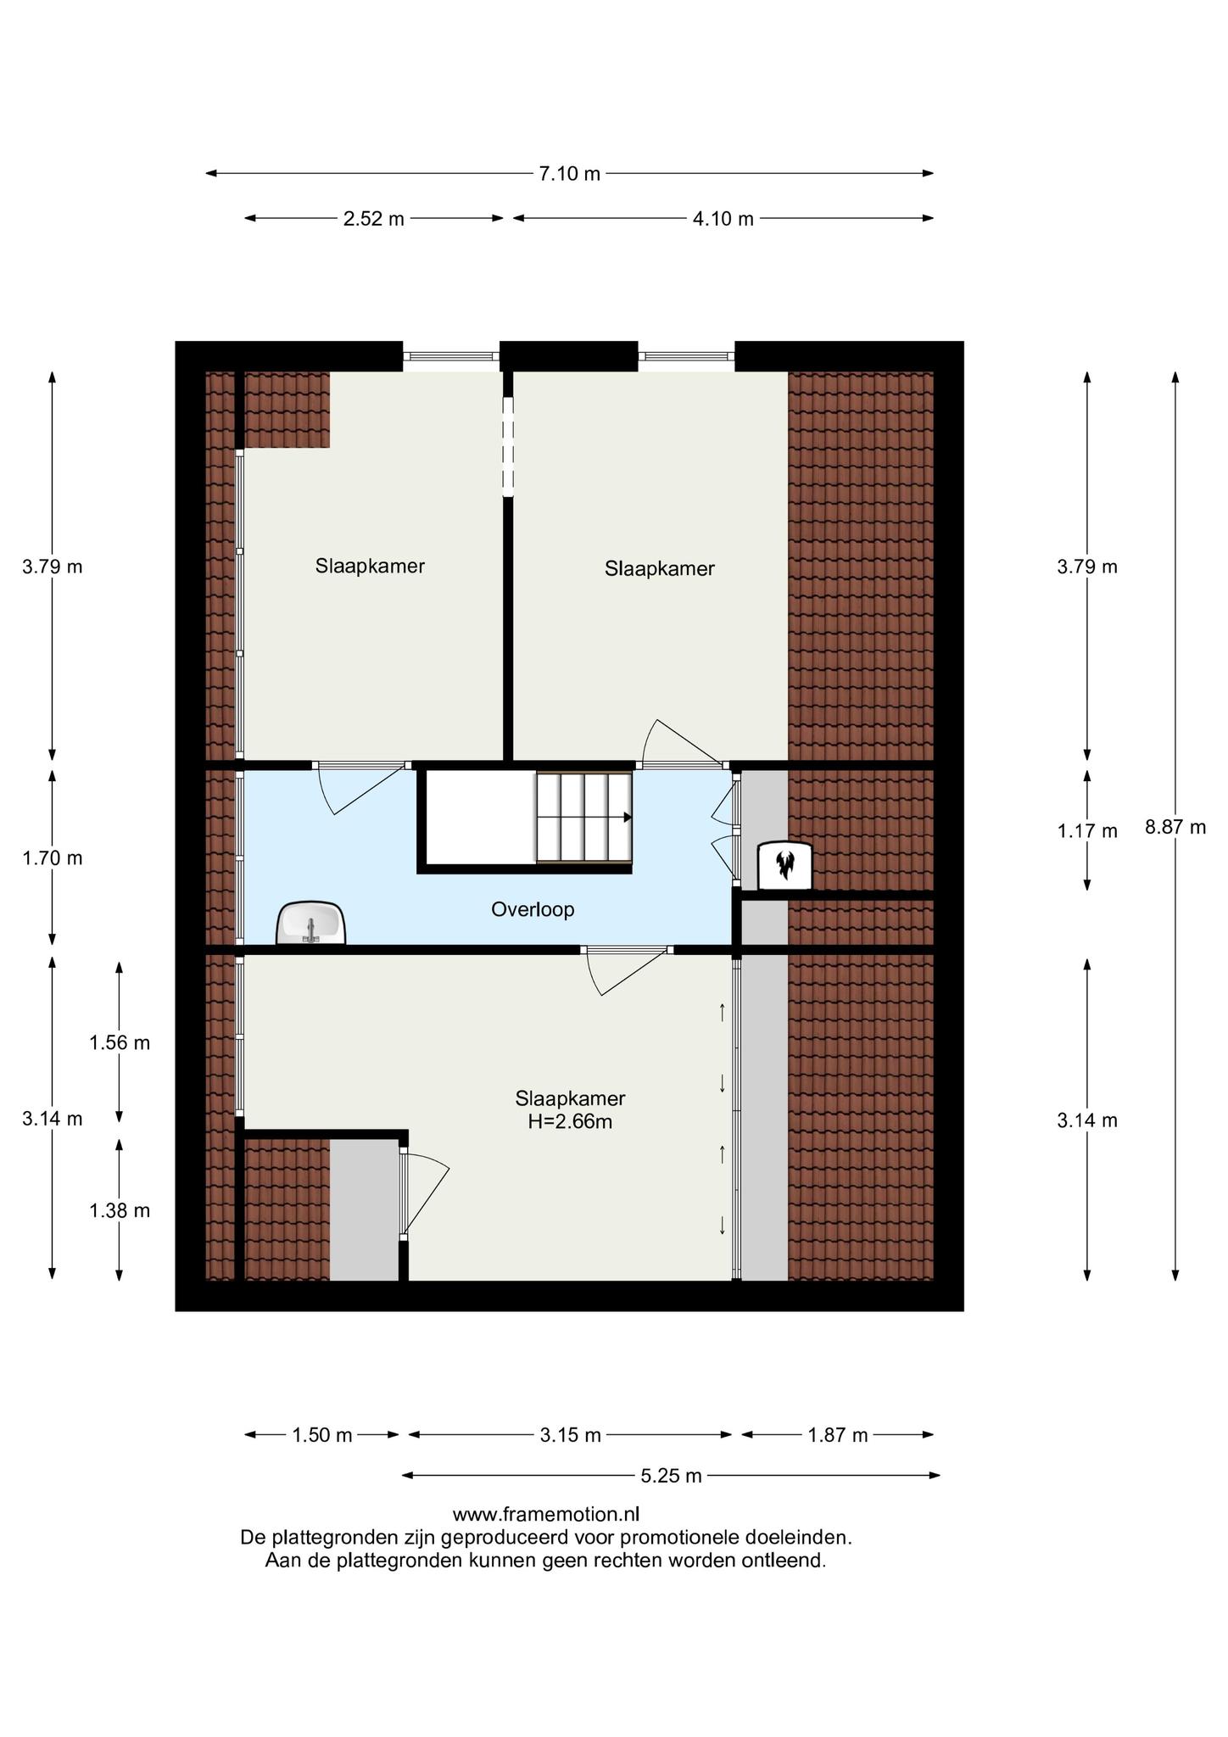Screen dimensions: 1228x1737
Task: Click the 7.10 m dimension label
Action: [569, 174]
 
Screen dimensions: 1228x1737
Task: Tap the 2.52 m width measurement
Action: [373, 219]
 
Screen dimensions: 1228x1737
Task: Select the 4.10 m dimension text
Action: [723, 219]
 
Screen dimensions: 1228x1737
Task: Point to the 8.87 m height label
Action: [1175, 827]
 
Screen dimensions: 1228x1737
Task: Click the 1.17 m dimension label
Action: [1087, 831]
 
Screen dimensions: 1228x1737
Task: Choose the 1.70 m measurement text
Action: [53, 857]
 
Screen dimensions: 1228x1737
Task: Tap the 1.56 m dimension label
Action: [120, 1042]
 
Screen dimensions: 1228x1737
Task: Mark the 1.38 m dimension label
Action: [120, 1210]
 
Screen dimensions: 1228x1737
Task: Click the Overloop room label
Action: [533, 910]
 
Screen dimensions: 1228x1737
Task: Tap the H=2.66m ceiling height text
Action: [570, 1121]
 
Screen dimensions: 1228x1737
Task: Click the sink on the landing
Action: [311, 922]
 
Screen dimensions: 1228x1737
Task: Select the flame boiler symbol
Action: [784, 865]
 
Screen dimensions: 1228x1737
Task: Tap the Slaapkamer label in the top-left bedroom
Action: [370, 566]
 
